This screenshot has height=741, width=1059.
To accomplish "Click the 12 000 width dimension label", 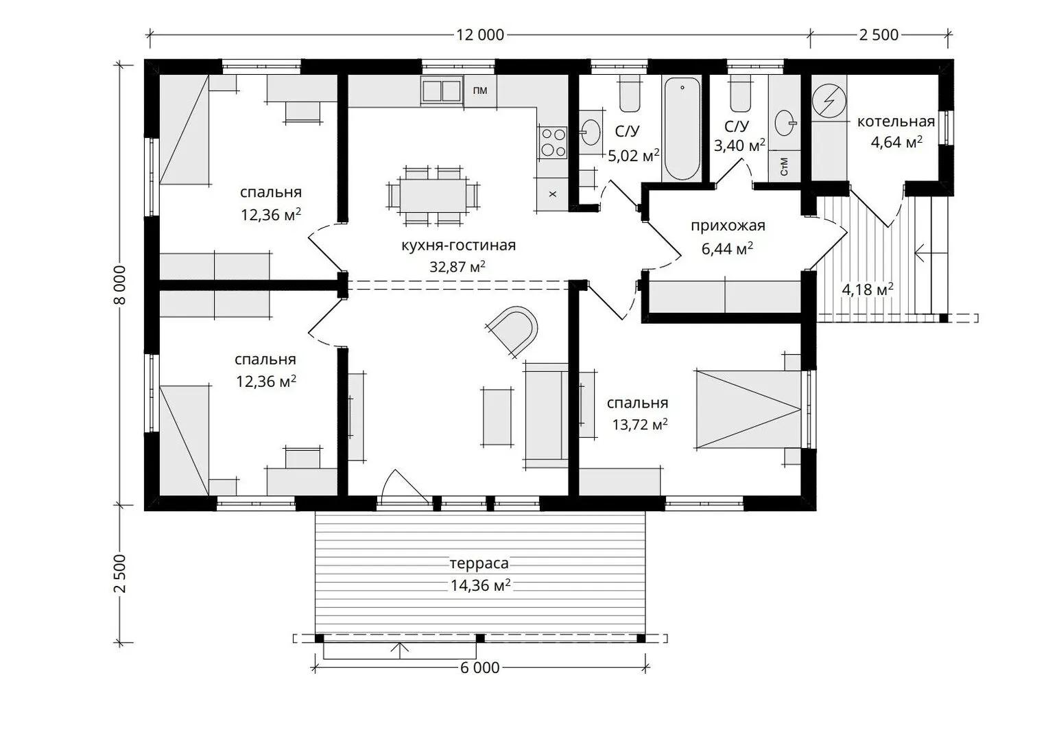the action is pos(480,35).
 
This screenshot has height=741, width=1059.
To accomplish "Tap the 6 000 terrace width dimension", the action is pos(480,668).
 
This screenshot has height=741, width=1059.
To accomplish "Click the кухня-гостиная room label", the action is pos(458,246).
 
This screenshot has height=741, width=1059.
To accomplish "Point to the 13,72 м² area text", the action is pos(640,424).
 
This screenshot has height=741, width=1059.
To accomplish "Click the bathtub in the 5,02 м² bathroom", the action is pos(682,128).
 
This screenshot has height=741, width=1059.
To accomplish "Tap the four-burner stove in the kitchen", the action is pos(554,142).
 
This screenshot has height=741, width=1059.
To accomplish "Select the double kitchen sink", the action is pos(442,91).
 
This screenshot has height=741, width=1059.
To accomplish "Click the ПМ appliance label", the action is pos(480,91).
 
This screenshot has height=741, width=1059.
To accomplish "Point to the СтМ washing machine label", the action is pos(784,167).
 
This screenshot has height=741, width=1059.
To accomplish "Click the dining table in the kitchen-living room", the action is pos(433,195).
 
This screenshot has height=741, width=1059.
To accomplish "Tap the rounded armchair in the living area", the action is pos(513,330).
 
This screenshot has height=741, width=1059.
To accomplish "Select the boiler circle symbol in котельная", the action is pos(829,100).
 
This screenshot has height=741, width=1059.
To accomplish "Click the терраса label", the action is pos(479,563).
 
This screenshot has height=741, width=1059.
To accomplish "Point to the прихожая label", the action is pos(728,226).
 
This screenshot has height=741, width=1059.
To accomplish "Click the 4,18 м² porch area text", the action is pos(868,289).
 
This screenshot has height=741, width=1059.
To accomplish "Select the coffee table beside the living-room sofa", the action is pos(497,416).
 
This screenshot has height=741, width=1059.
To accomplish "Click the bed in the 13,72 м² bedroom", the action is pos(748,409).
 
